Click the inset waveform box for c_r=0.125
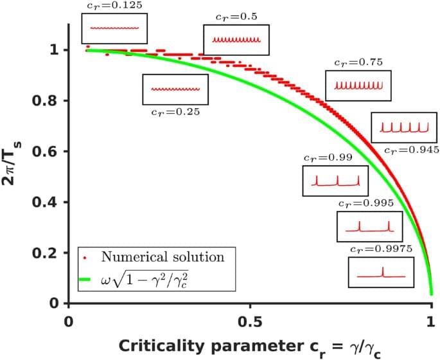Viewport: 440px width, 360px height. [114, 28]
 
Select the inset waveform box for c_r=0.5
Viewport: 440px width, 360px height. [236, 40]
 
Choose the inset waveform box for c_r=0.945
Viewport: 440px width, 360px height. [403, 127]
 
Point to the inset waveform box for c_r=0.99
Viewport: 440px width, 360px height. [336, 181]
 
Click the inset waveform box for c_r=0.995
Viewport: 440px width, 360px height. [369, 226]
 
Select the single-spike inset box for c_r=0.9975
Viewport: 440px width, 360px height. [376, 272]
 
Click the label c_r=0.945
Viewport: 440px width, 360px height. [411, 150]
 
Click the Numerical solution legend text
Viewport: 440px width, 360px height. [163, 257]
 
